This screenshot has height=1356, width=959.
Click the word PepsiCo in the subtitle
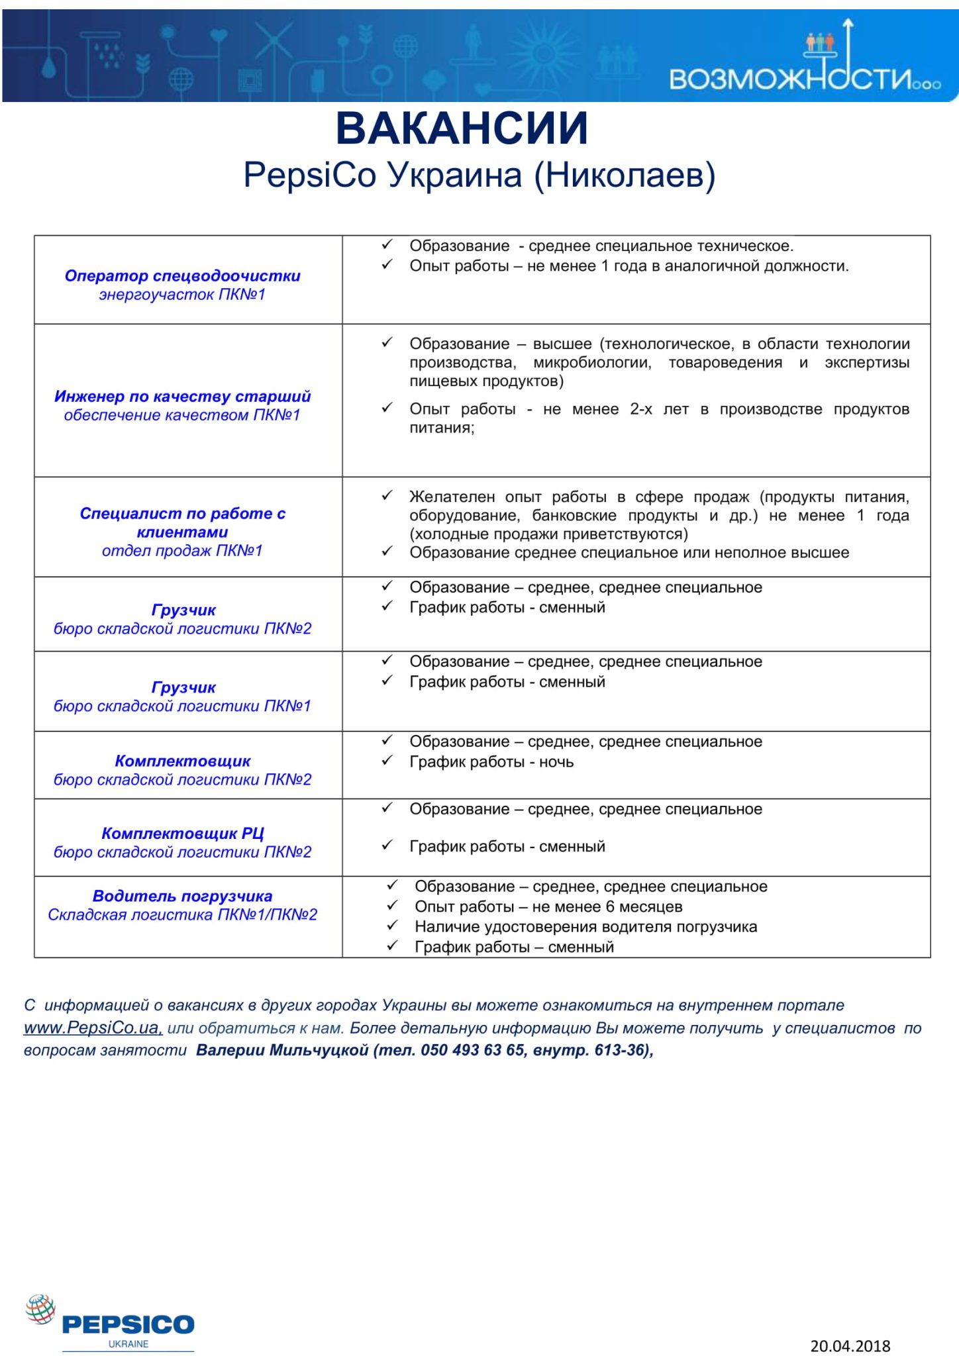(x=309, y=175)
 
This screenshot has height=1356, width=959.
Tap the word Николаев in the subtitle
(x=625, y=175)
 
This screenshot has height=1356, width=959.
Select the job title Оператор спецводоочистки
(x=182, y=276)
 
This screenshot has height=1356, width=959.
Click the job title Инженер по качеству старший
(x=182, y=397)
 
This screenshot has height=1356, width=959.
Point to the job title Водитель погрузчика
(x=182, y=896)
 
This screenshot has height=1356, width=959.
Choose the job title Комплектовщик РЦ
(x=182, y=834)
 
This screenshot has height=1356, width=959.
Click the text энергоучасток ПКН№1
(x=182, y=295)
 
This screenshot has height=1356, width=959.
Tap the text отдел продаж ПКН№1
(x=182, y=551)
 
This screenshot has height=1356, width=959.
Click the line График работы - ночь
(x=491, y=762)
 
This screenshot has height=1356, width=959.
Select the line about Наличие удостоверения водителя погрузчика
(x=585, y=927)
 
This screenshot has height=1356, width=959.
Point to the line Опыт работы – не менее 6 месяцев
(x=548, y=907)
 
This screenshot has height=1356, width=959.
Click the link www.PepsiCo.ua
(x=93, y=1028)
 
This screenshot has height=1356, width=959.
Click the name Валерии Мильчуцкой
(x=282, y=1051)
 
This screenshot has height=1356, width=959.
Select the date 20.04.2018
(x=850, y=1345)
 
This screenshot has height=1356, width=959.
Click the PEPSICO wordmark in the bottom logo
(x=128, y=1324)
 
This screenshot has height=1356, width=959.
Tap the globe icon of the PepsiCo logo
(x=40, y=1310)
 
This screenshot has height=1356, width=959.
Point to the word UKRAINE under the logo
(x=128, y=1344)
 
